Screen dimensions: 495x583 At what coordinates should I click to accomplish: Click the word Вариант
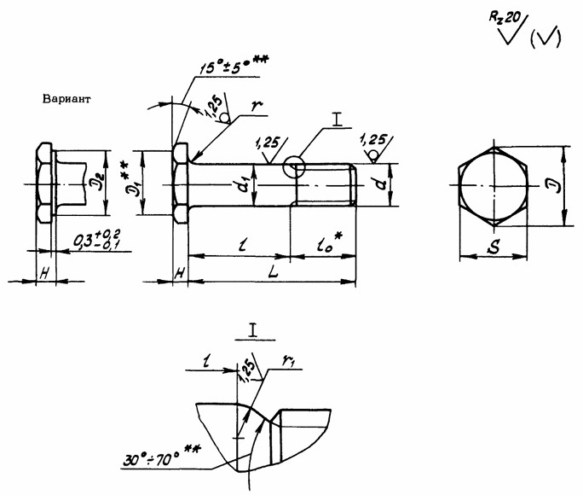coord(66,99)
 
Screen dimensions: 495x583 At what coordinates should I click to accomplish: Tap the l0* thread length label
coord(323,242)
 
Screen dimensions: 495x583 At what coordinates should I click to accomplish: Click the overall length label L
coord(269,271)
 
